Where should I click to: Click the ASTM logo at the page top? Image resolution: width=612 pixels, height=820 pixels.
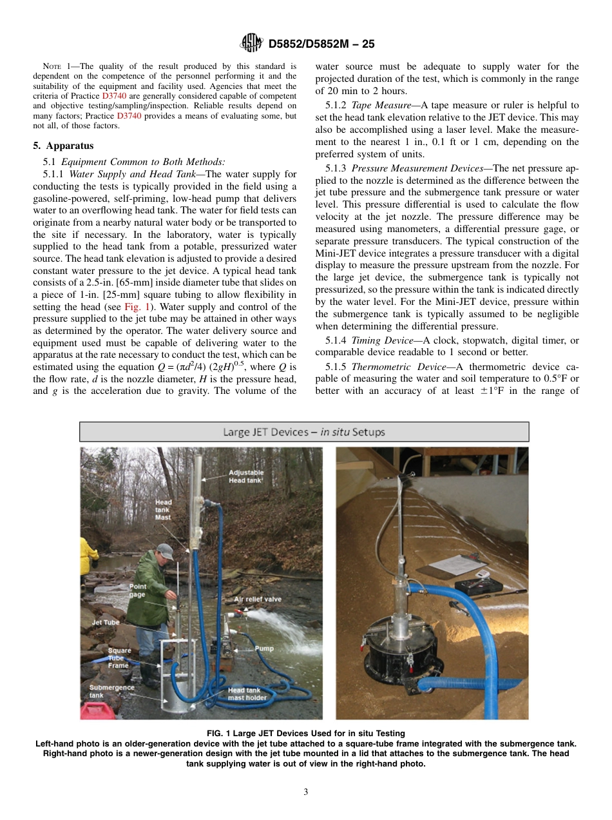click(x=251, y=43)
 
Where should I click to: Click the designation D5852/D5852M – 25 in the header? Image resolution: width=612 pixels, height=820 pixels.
click(x=321, y=44)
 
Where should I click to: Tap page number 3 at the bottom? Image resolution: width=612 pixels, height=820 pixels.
click(x=306, y=792)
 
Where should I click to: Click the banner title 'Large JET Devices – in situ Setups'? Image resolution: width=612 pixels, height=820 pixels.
click(x=304, y=432)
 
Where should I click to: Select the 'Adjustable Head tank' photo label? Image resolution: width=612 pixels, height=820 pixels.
click(x=246, y=476)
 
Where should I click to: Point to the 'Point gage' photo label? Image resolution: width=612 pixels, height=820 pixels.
click(x=138, y=591)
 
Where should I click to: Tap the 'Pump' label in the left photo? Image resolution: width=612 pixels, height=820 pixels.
click(x=263, y=649)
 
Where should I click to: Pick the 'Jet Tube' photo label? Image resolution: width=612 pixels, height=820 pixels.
click(x=106, y=623)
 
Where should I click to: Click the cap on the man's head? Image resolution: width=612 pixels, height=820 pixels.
click(x=166, y=552)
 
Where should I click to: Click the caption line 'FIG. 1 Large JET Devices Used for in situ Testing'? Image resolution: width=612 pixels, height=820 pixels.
click(x=306, y=733)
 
